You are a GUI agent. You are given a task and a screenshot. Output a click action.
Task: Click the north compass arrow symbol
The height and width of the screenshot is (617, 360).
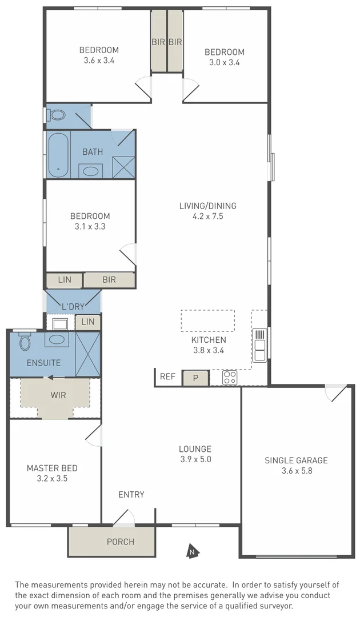point(193,552)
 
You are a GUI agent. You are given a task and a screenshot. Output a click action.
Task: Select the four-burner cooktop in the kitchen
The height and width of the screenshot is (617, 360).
point(230,378)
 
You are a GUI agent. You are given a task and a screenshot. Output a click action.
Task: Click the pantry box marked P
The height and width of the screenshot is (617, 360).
point(195,378)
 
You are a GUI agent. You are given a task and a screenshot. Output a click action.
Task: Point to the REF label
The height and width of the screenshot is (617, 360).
point(167,376)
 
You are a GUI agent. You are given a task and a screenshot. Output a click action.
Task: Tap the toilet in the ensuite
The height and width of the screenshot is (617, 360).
point(25,342)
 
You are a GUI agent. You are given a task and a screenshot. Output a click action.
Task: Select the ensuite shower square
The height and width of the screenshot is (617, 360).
point(88,354)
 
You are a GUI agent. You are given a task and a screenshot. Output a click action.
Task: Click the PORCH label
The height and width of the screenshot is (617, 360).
point(121,542)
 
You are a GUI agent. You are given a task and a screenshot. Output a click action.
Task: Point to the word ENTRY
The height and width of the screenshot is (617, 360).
point(131,495)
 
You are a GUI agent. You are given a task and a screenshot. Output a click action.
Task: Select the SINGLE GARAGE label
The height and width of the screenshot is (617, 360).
point(296,460)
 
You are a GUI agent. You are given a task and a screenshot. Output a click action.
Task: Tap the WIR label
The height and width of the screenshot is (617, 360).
point(58,394)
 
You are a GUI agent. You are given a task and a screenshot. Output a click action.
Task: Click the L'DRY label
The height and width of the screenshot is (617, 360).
point(73,307)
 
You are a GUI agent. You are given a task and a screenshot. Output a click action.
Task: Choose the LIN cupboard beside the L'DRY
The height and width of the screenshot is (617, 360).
point(87,322)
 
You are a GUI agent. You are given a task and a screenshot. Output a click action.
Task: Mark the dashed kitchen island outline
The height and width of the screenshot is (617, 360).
point(207,320)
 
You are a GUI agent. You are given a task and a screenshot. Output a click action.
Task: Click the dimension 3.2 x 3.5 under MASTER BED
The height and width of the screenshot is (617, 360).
point(52,479)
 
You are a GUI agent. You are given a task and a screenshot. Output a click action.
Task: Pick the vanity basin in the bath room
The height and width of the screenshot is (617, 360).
point(90,170)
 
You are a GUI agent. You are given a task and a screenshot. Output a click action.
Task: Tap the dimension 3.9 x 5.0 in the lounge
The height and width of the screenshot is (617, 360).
point(195,459)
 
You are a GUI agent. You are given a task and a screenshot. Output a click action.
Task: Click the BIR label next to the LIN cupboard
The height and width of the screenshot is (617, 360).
point(109,280)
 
